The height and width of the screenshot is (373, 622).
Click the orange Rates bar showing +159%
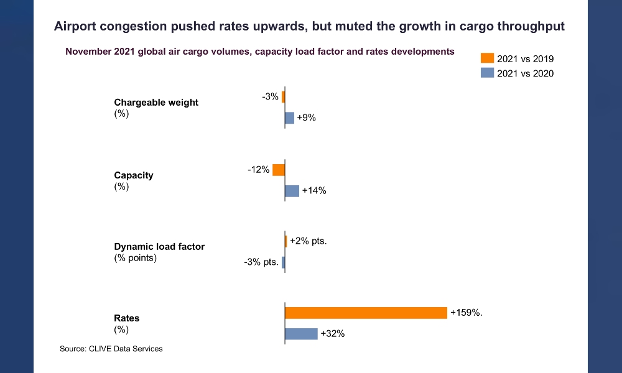pyautogui.click(x=366, y=313)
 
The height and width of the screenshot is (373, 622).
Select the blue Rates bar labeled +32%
pyautogui.click(x=301, y=334)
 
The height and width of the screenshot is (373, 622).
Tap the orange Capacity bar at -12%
pyautogui.click(x=279, y=170)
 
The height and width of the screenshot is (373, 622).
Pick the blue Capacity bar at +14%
pyautogui.click(x=292, y=191)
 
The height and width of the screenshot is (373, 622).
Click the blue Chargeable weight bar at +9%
pyautogui.click(x=289, y=118)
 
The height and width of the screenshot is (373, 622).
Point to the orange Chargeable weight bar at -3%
pyautogui.click(x=283, y=97)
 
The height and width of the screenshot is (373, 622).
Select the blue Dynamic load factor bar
pyautogui.click(x=283, y=262)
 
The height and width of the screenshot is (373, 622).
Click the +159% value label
pyautogui.click(x=466, y=313)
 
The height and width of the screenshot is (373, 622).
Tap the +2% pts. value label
pyautogui.click(x=308, y=241)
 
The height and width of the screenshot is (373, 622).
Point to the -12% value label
pyautogui.click(x=259, y=170)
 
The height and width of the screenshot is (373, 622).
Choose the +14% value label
pyautogui.click(x=314, y=191)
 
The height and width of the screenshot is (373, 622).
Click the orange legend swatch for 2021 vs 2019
pyautogui.click(x=487, y=58)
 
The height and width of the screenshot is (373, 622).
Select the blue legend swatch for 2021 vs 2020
pyautogui.click(x=487, y=73)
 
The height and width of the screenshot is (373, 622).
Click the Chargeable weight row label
pyautogui.click(x=156, y=103)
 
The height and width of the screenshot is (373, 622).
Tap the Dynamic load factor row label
pyautogui.click(x=159, y=247)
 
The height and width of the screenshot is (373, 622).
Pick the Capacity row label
pyautogui.click(x=134, y=175)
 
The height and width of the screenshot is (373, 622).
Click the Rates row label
pyautogui.click(x=127, y=318)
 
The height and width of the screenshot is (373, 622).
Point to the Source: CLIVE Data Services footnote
pyautogui.click(x=111, y=349)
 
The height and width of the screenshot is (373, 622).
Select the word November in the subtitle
pyautogui.click(x=89, y=52)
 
